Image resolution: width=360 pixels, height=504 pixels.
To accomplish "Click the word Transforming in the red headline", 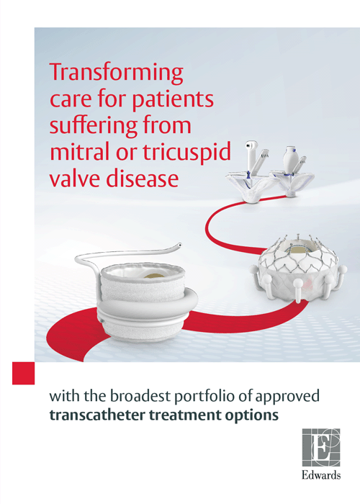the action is [117, 73].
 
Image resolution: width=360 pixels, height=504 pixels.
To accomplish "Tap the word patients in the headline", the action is [173, 99].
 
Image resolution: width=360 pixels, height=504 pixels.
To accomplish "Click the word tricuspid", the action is [186, 152].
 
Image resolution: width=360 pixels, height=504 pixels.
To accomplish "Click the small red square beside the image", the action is [24, 373].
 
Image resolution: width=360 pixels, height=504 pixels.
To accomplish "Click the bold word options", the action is [251, 416].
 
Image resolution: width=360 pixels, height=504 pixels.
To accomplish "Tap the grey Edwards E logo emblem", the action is [321, 448].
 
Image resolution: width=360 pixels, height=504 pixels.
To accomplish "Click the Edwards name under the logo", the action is [321, 475].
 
